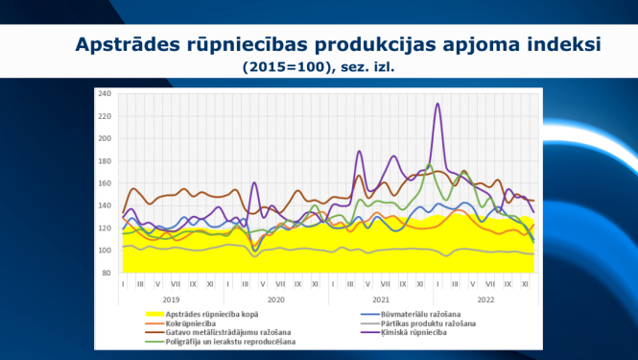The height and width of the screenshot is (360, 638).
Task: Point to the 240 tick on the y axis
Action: (106, 94)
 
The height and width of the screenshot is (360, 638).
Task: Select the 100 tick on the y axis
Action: (106, 251)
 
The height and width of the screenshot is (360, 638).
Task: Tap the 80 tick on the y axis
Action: (107, 273)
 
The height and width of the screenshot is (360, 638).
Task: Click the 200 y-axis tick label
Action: (106, 138)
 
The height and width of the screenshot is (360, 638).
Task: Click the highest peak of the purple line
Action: (437, 104)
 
